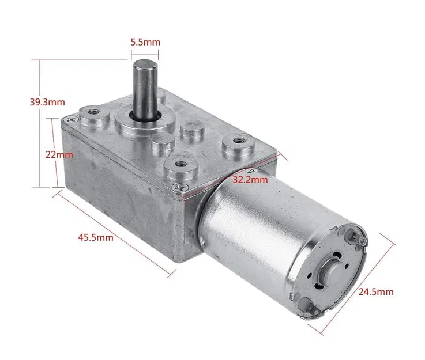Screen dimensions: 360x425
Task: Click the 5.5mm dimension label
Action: (145, 43)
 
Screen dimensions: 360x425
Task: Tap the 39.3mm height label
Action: (47, 103)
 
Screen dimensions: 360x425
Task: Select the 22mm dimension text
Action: (60, 155)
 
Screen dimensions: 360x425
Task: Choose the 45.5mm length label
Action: (96, 237)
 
